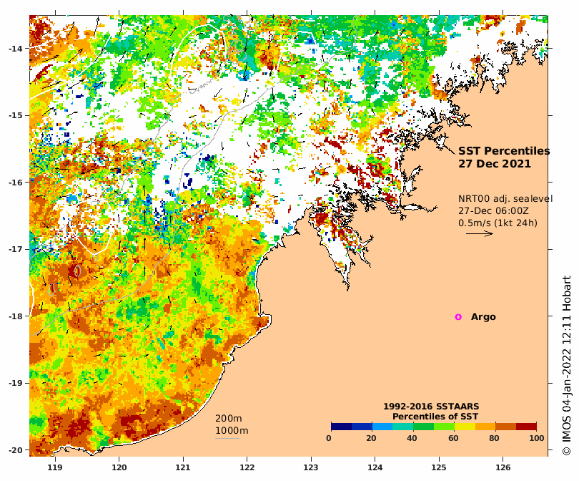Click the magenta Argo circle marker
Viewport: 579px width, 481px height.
point(458,317)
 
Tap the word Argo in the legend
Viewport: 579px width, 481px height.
point(483,317)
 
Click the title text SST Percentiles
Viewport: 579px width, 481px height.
point(504,151)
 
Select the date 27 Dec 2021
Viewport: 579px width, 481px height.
point(494,164)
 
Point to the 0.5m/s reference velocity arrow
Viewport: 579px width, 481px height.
point(479,233)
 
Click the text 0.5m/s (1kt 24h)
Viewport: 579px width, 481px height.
point(498,223)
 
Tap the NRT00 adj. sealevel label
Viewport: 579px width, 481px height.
point(505,199)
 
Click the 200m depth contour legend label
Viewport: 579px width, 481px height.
point(229,419)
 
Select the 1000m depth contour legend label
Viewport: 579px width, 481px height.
point(232,431)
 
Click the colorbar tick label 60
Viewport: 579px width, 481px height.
point(453,438)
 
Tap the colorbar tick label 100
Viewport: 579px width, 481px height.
point(536,438)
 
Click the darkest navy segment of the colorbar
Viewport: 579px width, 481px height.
point(341,427)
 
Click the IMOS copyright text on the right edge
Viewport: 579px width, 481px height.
point(566,366)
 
